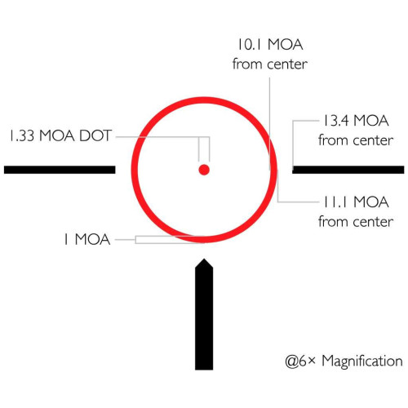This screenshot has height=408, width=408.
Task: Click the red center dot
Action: pos(204,170)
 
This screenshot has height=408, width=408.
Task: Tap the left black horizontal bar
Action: pos(60,170)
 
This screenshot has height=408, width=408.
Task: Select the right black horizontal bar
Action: pos(348,170)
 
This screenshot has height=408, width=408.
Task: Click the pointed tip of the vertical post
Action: pos(204,259)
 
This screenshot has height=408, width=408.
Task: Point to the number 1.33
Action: pos(22,135)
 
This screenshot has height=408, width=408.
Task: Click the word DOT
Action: pos(95,135)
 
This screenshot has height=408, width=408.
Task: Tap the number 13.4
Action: pos(335,121)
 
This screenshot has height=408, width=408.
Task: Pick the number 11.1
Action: pos(336,202)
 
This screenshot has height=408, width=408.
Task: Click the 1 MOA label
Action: pos(87,239)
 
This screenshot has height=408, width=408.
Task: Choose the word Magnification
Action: pos(362,361)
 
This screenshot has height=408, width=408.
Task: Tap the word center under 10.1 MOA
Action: pos(287,64)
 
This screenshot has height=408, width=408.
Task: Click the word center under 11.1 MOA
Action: pos(374,222)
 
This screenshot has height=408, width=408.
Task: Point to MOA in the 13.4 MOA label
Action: pos(371,121)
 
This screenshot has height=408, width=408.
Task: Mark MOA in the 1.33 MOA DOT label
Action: pos(56,135)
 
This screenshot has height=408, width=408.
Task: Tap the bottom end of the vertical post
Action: pos(204,370)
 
